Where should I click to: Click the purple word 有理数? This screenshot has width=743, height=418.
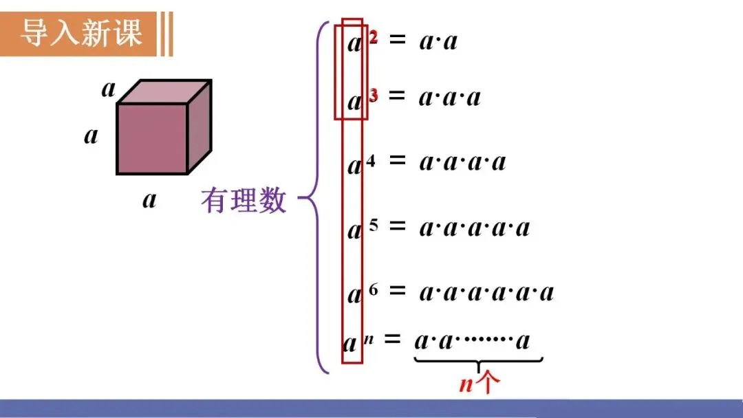coord(244,201)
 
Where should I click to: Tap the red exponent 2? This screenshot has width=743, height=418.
coord(374,38)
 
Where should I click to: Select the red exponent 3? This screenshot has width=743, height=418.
coord(374,96)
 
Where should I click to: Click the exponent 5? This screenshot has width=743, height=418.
coord(374,225)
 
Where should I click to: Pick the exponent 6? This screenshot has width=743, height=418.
coord(374,289)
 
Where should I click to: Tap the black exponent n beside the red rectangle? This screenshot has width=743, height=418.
coord(369,337)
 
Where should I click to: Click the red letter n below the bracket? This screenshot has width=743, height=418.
coord(466,384)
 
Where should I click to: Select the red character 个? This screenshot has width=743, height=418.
coord(484,383)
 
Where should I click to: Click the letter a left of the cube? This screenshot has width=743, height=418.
coord(91,135)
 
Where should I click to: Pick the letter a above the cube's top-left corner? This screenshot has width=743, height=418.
coord(109,88)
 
